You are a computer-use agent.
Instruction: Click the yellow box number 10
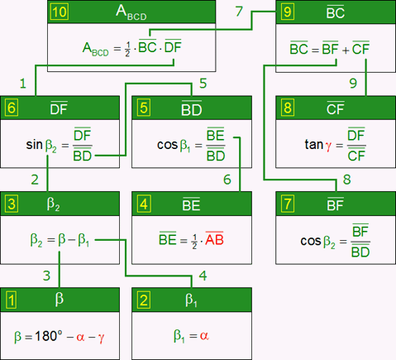coord(60,12)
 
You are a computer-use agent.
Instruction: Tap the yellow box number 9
coord(287,12)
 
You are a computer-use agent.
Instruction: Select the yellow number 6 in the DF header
coord(12,108)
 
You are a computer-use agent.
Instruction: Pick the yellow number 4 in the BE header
coord(144,204)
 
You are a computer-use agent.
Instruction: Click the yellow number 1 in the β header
coord(12,300)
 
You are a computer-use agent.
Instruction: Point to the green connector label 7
coord(239,12)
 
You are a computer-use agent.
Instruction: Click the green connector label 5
coord(203,83)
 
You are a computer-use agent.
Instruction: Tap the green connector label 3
coord(46,276)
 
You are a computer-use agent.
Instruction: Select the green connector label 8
coord(347,180)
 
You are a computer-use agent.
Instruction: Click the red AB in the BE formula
coord(214,238)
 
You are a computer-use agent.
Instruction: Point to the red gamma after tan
coord(328,146)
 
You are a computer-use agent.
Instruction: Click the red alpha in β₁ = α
coord(204,336)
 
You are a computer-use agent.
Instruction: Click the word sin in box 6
coord(35,144)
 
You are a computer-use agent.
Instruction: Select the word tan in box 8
coord(314,144)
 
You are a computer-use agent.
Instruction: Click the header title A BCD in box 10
coord(131,12)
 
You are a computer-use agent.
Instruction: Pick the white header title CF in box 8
coord(336,108)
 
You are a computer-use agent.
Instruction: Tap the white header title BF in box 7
coord(336,204)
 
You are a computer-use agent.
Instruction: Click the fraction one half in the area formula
coord(127,49)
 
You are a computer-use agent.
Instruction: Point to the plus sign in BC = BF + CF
coord(345,50)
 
